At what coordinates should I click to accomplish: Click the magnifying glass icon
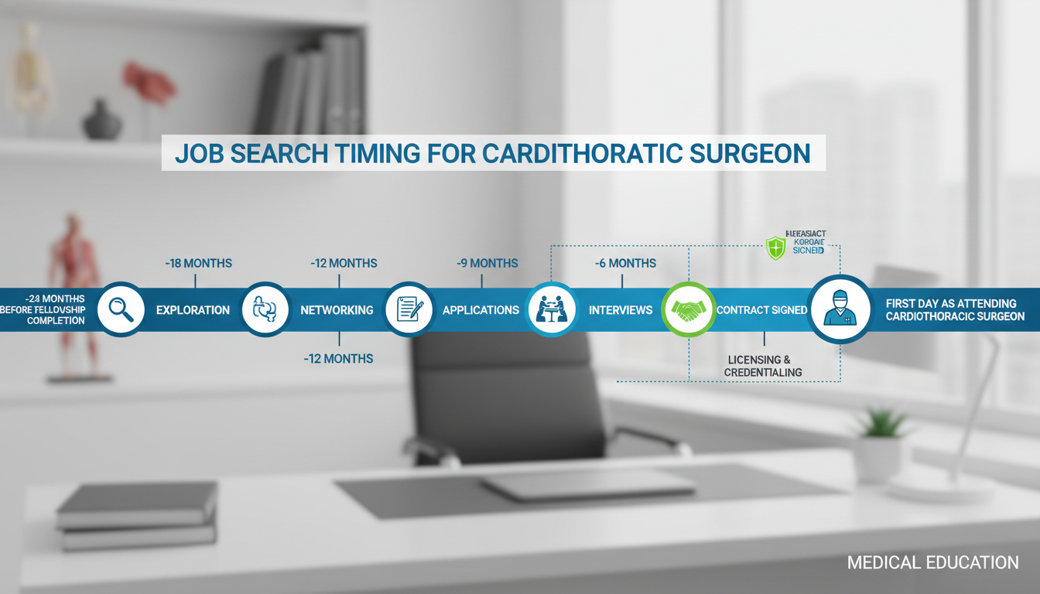[x=121, y=309]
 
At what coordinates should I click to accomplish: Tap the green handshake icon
[x=689, y=309]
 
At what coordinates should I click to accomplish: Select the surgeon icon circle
[x=840, y=309]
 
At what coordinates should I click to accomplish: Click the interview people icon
[x=552, y=309]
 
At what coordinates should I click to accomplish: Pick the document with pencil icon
[x=409, y=309]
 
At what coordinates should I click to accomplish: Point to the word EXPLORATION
[x=193, y=310]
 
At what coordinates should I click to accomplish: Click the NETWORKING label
[x=337, y=310]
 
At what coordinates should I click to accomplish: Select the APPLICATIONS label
[x=481, y=310]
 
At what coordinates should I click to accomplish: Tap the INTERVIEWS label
[x=621, y=310]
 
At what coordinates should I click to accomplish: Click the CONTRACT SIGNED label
[x=761, y=310]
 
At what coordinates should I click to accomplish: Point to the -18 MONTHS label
[x=198, y=264]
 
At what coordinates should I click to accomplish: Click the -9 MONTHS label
[x=487, y=264]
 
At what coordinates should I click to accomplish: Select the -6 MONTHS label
[x=625, y=264]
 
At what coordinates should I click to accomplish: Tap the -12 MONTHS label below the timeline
[x=338, y=359]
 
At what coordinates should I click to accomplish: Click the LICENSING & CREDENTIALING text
[x=763, y=366]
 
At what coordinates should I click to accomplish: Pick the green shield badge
[x=775, y=247]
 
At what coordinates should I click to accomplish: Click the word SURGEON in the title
[x=750, y=153]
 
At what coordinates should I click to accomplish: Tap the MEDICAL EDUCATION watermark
[x=932, y=563]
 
